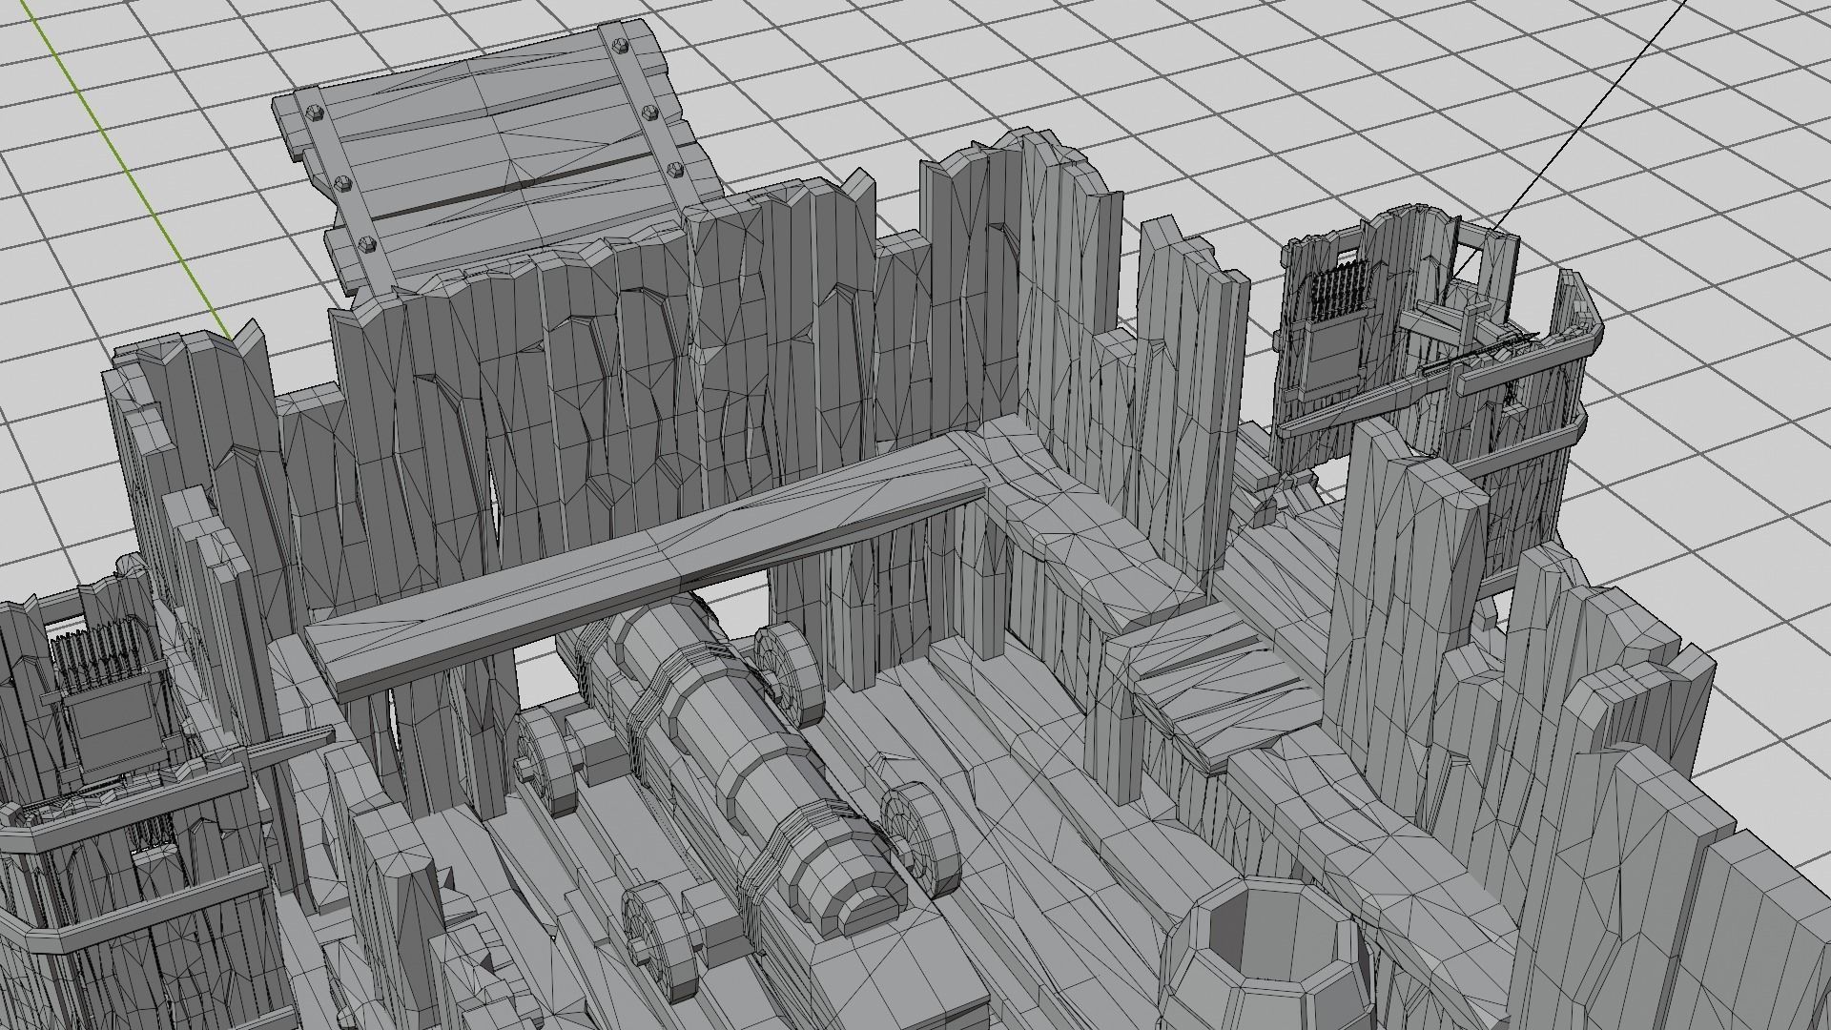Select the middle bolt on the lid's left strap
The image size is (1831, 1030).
click(x=342, y=181)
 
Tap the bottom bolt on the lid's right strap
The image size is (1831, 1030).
click(x=676, y=170)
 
